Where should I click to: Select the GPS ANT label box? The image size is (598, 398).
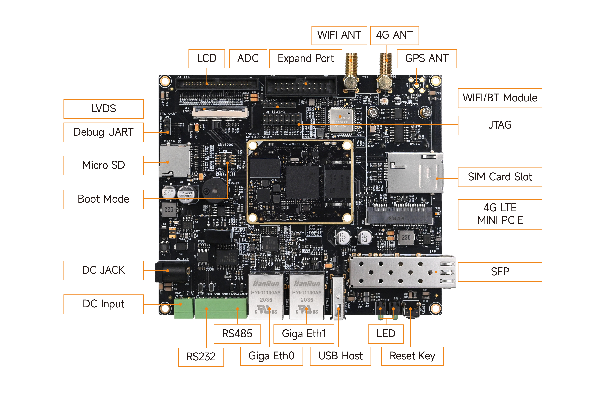click(427, 59)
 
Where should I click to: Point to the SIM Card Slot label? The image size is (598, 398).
click(499, 177)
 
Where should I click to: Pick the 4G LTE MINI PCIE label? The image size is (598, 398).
click(499, 214)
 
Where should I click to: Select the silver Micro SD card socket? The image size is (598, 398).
click(174, 161)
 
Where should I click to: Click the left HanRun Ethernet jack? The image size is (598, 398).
click(266, 296)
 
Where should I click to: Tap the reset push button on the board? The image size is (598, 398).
click(410, 309)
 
